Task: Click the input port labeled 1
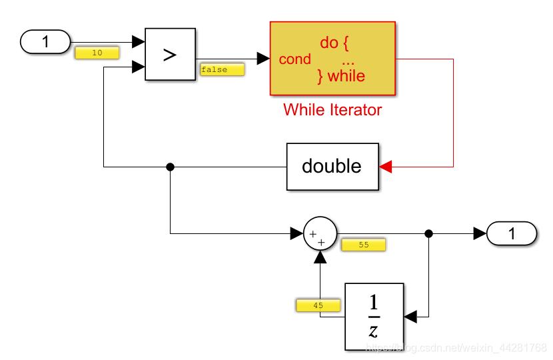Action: click(45, 41)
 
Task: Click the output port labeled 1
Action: click(512, 233)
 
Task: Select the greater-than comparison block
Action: click(170, 54)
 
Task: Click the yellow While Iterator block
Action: click(332, 59)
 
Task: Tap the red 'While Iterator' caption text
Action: click(332, 110)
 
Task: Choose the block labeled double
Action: click(332, 166)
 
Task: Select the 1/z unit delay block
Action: click(374, 316)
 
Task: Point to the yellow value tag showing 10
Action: click(97, 53)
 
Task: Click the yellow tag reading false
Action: click(222, 69)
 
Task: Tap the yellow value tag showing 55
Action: click(364, 245)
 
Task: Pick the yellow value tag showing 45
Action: click(318, 305)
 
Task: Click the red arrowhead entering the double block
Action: click(385, 167)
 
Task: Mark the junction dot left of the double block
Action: click(170, 167)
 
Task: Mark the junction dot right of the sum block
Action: click(428, 233)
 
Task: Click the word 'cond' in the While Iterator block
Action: click(294, 59)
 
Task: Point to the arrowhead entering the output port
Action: click(480, 233)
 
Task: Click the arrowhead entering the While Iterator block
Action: click(263, 59)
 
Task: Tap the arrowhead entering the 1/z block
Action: click(410, 317)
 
